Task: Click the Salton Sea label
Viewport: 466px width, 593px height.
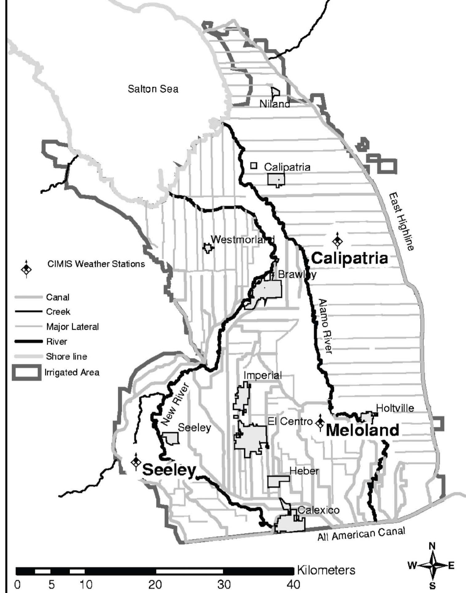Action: [x=153, y=89]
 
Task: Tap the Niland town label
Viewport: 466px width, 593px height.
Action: [x=274, y=104]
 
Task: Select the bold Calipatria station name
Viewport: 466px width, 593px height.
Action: [x=349, y=258]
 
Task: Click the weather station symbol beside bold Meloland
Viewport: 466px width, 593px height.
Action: [x=320, y=422]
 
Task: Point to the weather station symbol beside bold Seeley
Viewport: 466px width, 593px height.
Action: [x=136, y=462]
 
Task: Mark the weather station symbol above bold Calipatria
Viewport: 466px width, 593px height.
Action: [x=337, y=241]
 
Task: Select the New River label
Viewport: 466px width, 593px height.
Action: [x=175, y=404]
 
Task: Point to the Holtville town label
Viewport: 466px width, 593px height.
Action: [x=395, y=408]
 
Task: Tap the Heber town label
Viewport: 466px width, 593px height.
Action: [x=304, y=471]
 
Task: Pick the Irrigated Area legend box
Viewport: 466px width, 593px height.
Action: [x=27, y=372]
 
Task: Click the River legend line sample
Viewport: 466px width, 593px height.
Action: [x=28, y=341]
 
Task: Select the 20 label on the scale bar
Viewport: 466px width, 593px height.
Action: [x=155, y=584]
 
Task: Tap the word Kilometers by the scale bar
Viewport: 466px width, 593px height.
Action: [x=326, y=570]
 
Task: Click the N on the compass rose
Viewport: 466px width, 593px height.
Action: [x=432, y=546]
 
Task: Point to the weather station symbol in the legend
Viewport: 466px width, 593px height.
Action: [x=27, y=269]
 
